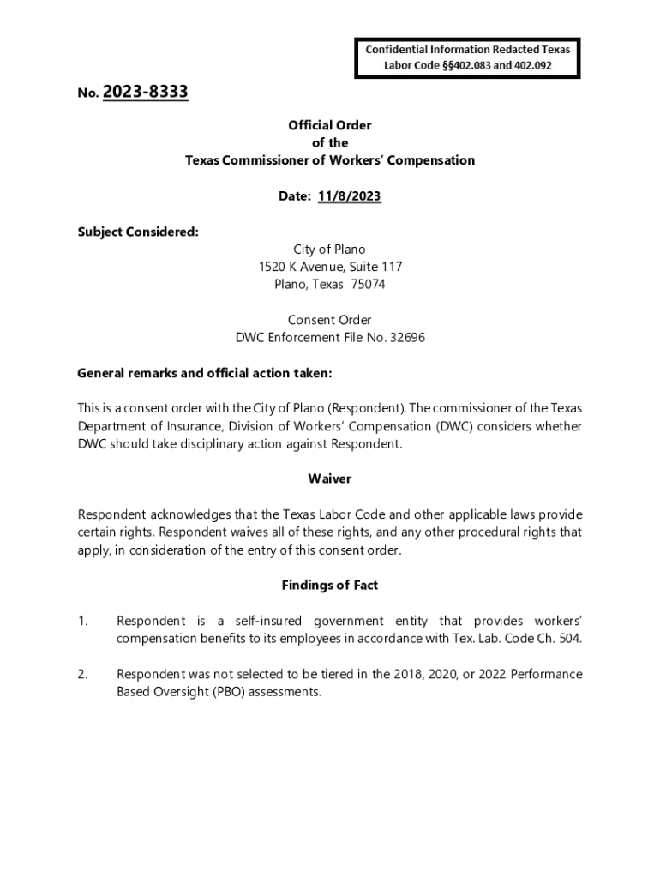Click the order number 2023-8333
[145, 92]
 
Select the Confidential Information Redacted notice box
[467, 57]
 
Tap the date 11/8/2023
[349, 196]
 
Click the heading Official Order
[330, 125]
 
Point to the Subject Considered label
[138, 232]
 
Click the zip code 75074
[369, 285]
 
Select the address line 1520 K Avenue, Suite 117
[330, 267]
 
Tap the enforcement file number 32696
[407, 338]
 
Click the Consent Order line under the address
[330, 320]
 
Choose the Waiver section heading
[330, 479]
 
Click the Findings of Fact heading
[330, 586]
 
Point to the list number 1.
[82, 621]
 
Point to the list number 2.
[82, 674]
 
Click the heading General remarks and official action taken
[205, 373]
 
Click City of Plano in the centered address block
[330, 250]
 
